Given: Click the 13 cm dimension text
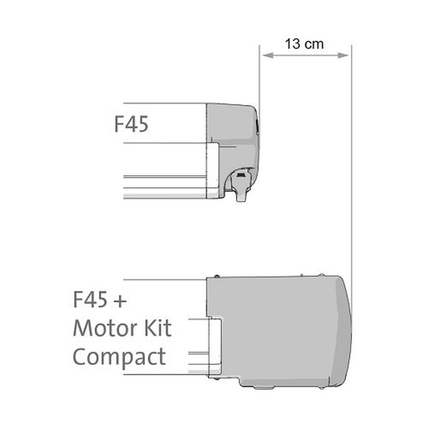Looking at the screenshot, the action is [x=304, y=44].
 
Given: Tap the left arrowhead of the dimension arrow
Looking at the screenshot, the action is [x=267, y=56].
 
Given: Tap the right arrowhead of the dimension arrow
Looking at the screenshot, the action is [x=343, y=56].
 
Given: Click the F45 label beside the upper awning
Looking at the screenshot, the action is [x=131, y=124].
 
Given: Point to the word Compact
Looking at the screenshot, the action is [x=119, y=357].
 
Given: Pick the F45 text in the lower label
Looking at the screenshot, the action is [x=90, y=299].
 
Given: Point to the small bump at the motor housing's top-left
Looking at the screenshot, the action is [x=217, y=276].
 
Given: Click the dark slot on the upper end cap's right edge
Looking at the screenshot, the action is [x=257, y=126].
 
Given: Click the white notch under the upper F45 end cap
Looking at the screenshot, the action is [x=212, y=169].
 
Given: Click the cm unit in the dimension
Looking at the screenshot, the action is [x=314, y=45].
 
